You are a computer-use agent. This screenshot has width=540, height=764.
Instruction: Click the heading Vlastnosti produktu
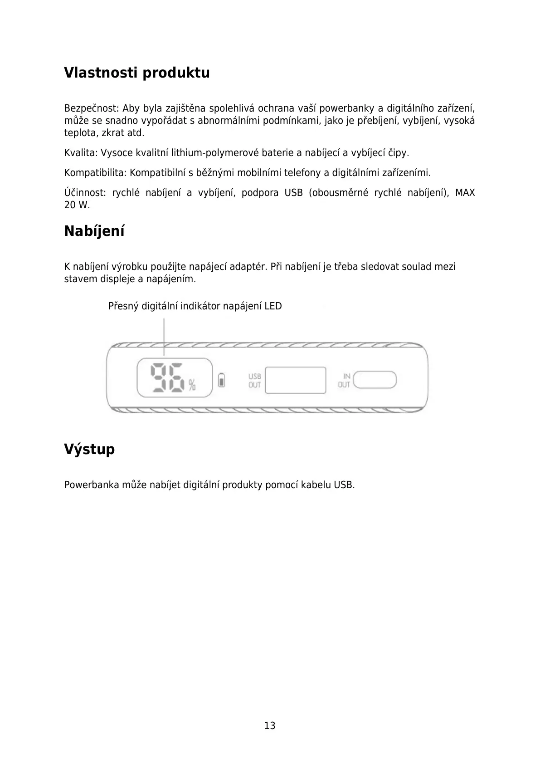point(136,73)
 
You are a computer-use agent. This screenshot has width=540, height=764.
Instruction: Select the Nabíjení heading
point(94,231)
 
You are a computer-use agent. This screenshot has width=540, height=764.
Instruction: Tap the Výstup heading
point(89,449)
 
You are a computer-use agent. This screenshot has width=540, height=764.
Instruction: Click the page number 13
point(270,725)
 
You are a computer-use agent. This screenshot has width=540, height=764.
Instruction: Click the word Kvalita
point(80,153)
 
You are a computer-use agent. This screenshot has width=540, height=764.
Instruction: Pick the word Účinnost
point(84,193)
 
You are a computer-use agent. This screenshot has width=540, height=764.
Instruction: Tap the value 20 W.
point(77,205)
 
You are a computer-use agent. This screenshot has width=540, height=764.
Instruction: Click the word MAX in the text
point(465,193)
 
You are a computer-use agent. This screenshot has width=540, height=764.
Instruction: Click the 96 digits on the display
point(167,377)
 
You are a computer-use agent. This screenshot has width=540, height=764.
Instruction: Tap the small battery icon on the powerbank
point(222,380)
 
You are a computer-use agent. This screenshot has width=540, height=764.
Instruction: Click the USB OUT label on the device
point(254,381)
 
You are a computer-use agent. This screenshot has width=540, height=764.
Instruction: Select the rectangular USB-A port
point(296,380)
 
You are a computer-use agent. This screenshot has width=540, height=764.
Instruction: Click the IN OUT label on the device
point(345,380)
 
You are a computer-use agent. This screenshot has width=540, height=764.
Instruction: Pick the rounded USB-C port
point(375,380)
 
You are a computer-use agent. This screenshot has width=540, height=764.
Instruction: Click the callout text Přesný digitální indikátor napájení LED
point(195,306)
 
